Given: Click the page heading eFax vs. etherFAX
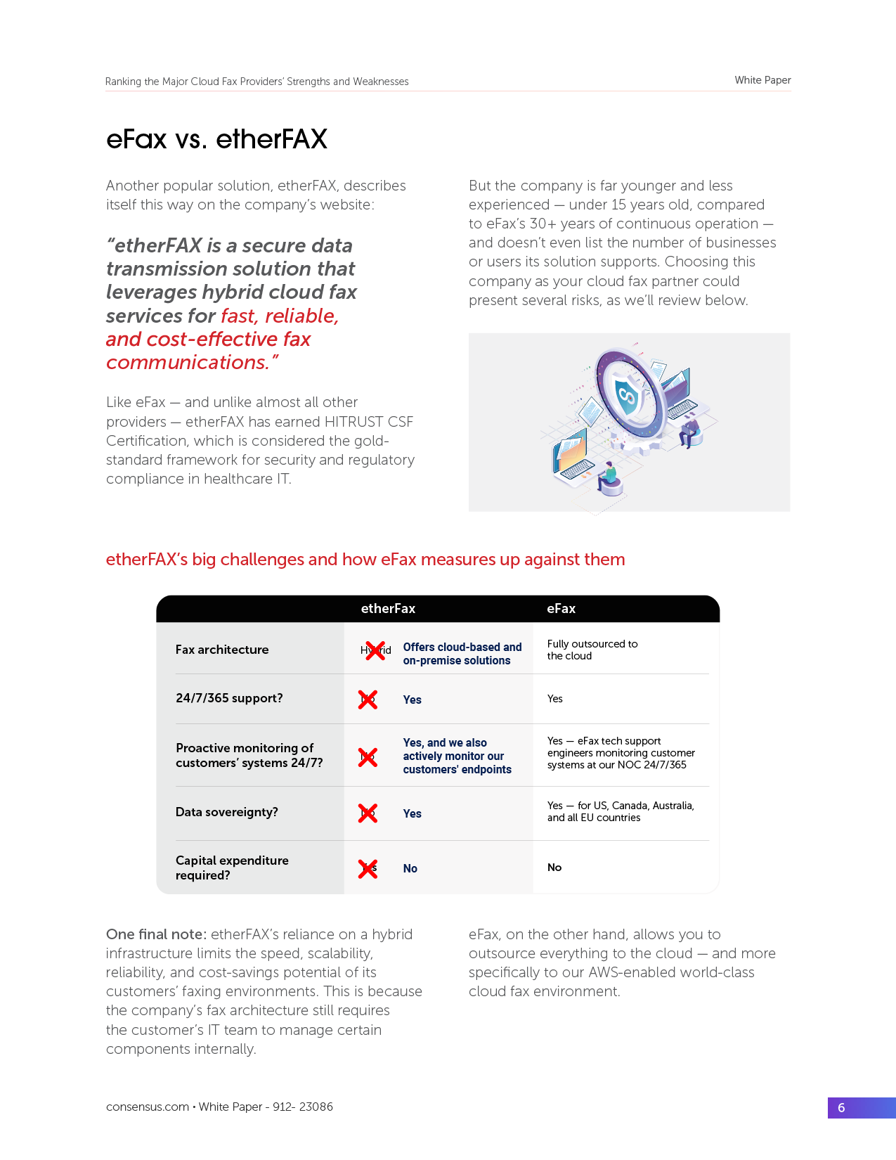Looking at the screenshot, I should pyautogui.click(x=216, y=139).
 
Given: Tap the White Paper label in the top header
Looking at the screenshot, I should pyautogui.click(x=762, y=80).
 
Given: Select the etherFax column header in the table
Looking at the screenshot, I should pyautogui.click(x=388, y=609).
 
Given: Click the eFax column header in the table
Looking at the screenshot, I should pyautogui.click(x=561, y=609).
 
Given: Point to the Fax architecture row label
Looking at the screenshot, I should pyautogui.click(x=222, y=650).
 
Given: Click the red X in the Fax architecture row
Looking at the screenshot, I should pyautogui.click(x=375, y=650).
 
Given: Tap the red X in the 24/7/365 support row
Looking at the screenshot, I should pyautogui.click(x=368, y=700).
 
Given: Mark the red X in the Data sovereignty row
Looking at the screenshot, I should pyautogui.click(x=368, y=813).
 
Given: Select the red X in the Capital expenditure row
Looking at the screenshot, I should pyautogui.click(x=368, y=869).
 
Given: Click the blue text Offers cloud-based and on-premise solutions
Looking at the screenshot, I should pyautogui.click(x=462, y=654).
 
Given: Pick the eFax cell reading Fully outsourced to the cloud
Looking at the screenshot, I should pyautogui.click(x=592, y=650).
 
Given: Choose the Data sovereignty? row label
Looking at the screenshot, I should pyautogui.click(x=227, y=812).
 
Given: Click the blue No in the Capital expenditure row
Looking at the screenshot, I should pyautogui.click(x=410, y=869).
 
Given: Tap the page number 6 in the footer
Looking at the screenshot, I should pyautogui.click(x=841, y=1108).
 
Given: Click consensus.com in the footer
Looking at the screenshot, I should pyautogui.click(x=148, y=1107).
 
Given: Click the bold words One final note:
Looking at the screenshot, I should pyautogui.click(x=156, y=934).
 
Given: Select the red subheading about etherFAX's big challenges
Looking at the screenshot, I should pyautogui.click(x=365, y=560).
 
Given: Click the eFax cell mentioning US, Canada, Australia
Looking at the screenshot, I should pyautogui.click(x=621, y=811).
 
